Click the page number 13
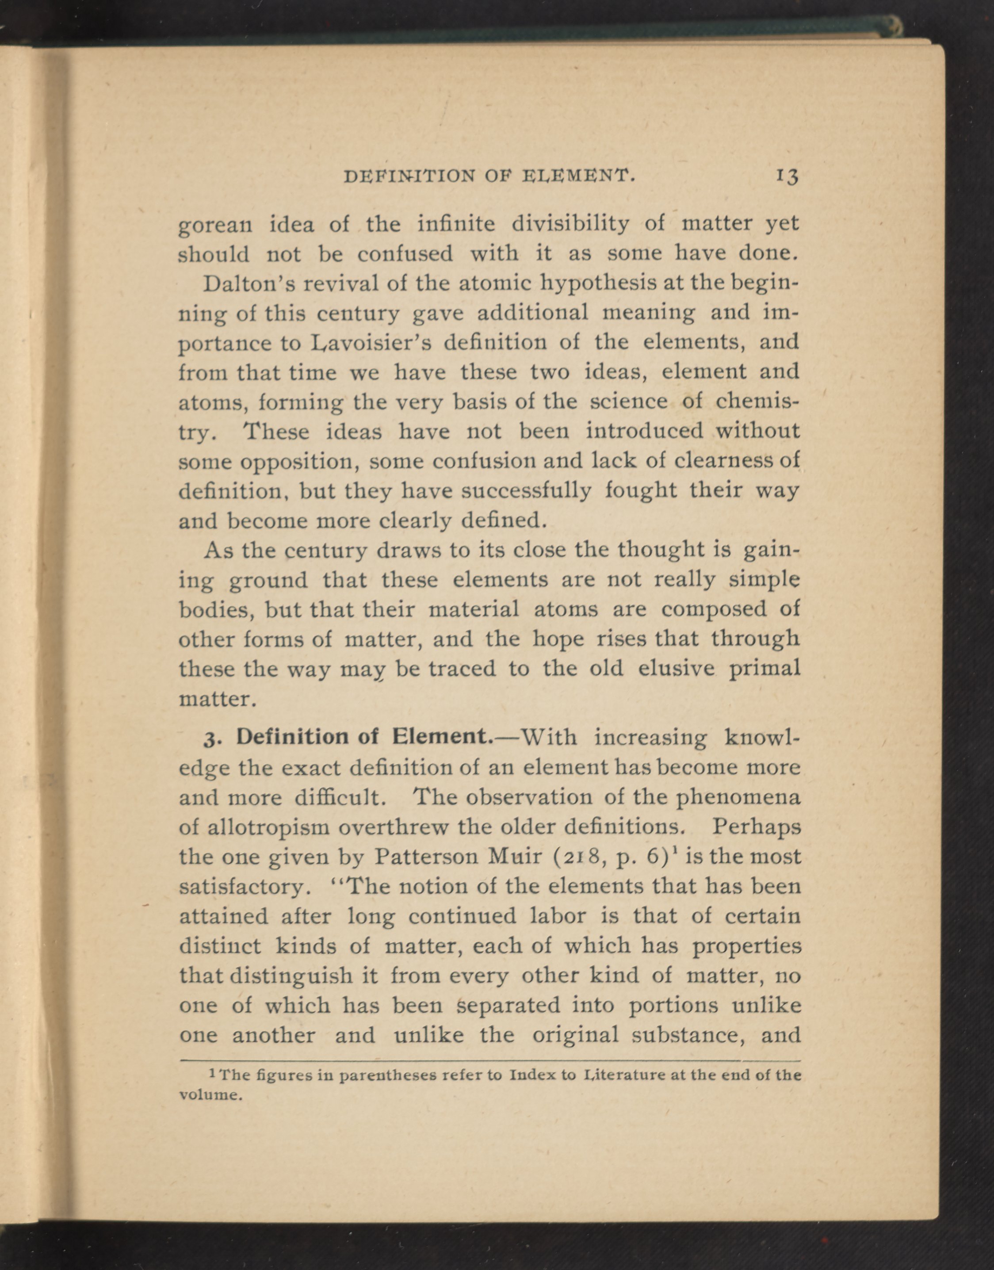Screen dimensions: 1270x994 pos(788,176)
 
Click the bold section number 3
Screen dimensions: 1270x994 pos(210,738)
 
